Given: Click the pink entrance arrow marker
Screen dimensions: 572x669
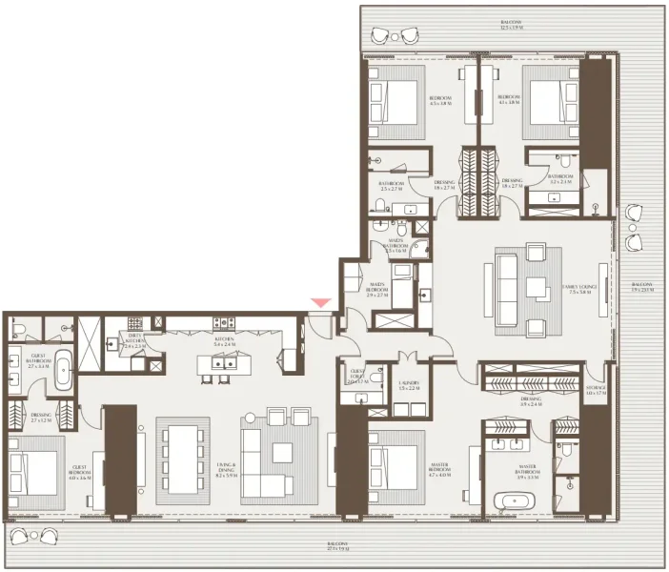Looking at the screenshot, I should click(x=322, y=302).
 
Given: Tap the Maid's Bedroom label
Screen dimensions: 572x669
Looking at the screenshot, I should click(x=376, y=290).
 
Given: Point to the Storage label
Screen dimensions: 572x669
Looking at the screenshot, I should click(x=596, y=390).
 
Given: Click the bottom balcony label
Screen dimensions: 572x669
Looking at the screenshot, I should click(x=337, y=546).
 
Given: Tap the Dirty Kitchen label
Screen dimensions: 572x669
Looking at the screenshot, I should click(x=133, y=340).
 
